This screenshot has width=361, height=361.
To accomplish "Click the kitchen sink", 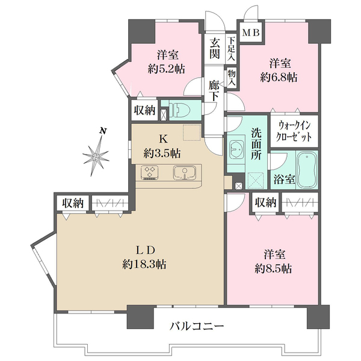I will tap(184, 173).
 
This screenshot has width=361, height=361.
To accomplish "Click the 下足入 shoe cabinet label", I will tap(232, 49).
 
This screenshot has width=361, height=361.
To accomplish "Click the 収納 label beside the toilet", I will tap(145, 110).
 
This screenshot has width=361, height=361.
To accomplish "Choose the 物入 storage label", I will tap(232, 78).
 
